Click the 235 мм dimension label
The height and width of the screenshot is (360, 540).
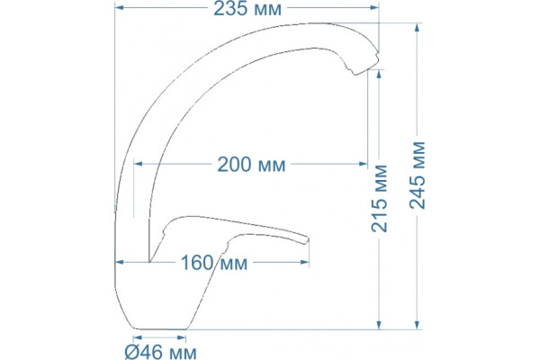pos(247,9)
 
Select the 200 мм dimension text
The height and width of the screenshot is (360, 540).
pos(251,165)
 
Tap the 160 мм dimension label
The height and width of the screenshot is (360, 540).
pos(214,263)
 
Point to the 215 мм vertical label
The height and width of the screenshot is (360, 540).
pos(379,198)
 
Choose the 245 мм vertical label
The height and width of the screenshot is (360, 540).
pos(418,175)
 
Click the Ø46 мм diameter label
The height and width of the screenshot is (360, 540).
pos(160,352)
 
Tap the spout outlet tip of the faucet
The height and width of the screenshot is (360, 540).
pos(365,66)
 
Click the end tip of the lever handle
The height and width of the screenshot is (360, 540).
pos(307,240)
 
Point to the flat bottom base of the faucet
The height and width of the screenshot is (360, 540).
pos(160,329)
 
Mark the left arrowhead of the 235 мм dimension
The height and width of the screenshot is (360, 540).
pos(119,7)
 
